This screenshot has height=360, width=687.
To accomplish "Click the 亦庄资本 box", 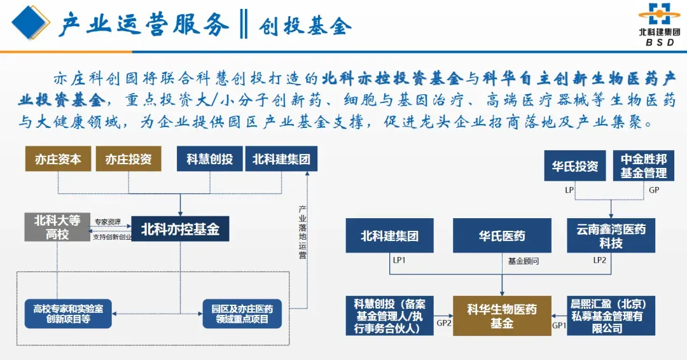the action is point(59,158).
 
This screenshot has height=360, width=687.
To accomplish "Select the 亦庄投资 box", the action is point(128,158).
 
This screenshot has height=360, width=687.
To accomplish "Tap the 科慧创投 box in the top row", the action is point(209,158).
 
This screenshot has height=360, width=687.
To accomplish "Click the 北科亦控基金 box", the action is point(180,228).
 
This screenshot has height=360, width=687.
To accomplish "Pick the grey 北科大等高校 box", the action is point(57,227).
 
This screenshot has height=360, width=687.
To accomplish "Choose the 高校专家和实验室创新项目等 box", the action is point(68,314).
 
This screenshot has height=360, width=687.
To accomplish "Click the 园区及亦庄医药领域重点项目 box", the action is point(242,314).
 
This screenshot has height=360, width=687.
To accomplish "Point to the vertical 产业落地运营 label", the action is point(302,232).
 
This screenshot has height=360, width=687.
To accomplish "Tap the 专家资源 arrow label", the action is point(108,221).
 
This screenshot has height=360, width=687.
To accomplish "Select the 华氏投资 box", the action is point(575,166).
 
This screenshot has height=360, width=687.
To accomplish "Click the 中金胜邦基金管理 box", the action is point(643,166).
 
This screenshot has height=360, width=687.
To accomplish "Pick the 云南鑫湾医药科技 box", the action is point(611,235).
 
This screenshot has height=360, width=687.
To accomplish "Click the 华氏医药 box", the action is point(502,235).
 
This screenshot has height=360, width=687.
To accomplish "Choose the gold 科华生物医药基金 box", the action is point(502,315).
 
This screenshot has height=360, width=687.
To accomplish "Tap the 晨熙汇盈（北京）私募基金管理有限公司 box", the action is point(611,315).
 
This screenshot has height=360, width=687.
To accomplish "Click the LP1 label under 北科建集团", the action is point(399,260).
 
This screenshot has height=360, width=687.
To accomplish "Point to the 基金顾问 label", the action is point(523,261).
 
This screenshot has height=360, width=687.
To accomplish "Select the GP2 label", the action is point(443,323).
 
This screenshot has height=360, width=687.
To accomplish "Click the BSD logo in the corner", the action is point(659,24).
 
